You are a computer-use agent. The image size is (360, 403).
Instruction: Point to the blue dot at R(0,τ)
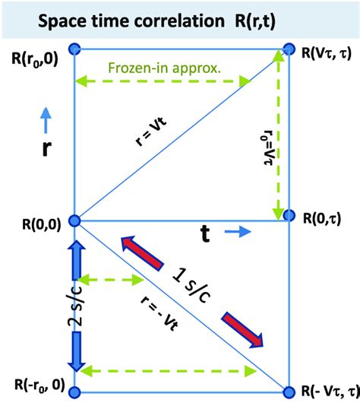click(x=289, y=215)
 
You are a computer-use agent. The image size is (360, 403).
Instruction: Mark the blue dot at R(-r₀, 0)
click(x=74, y=392)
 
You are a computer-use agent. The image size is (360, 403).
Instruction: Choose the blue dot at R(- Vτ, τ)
click(x=289, y=392)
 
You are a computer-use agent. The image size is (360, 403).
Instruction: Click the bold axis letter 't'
click(x=205, y=235)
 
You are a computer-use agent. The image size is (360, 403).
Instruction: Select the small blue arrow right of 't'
click(x=235, y=236)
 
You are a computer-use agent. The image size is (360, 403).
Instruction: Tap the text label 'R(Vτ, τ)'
click(x=325, y=53)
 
